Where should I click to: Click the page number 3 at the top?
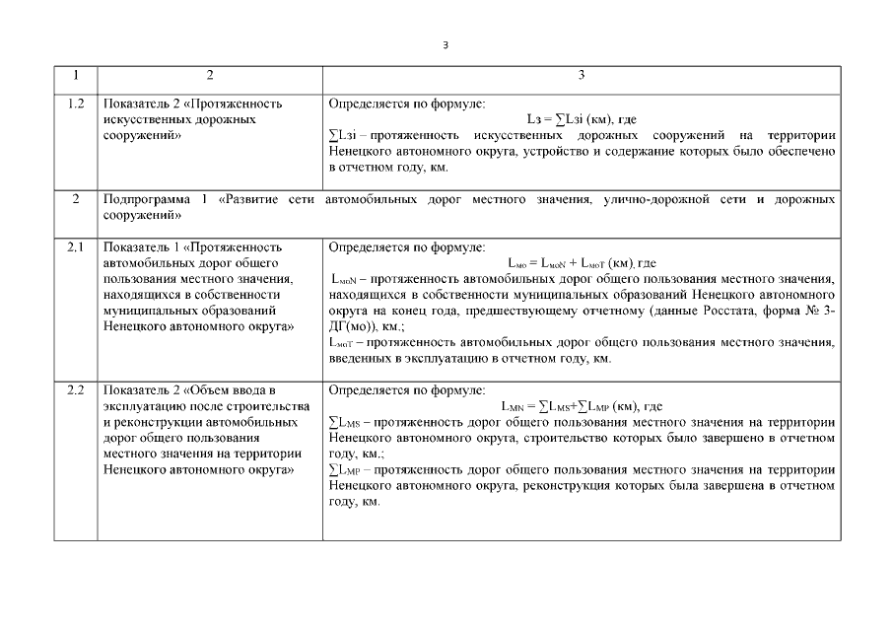point(446,43)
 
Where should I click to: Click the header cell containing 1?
point(76,76)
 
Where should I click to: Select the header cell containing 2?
point(209,76)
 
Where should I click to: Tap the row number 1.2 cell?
point(76,104)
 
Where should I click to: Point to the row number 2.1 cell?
point(76,247)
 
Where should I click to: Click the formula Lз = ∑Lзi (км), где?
point(582,119)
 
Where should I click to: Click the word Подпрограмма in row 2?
point(146,199)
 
